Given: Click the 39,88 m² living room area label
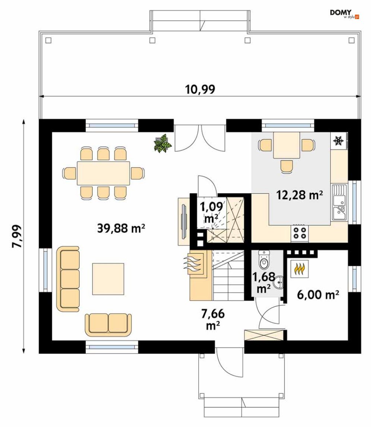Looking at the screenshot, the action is (x=121, y=228).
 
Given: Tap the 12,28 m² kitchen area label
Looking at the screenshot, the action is (x=299, y=195).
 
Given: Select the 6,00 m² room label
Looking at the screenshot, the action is (x=318, y=294).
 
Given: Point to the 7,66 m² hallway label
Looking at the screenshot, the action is (x=213, y=319).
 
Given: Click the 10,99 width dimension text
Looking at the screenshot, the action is (x=200, y=89).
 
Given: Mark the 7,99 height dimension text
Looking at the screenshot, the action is (x=17, y=236).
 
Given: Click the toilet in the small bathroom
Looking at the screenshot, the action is (x=264, y=260).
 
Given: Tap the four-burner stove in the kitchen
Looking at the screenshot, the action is (x=299, y=233).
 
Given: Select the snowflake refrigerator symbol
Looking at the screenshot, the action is (x=339, y=141).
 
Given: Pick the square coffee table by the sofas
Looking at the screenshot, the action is (x=108, y=279).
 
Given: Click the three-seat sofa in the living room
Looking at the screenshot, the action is (x=68, y=279).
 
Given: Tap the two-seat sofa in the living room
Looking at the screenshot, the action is (x=108, y=325).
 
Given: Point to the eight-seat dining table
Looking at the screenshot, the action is (x=103, y=173).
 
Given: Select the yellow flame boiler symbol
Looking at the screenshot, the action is (x=299, y=269).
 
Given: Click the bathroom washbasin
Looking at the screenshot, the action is (x=279, y=282).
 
